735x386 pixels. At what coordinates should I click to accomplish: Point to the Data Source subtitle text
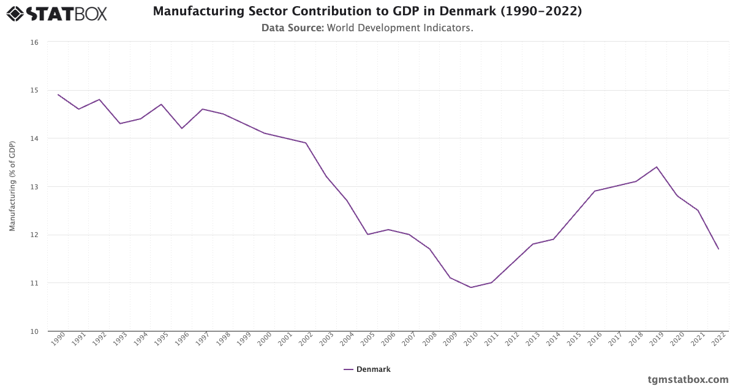(367, 28)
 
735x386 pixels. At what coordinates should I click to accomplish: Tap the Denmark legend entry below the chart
(373, 369)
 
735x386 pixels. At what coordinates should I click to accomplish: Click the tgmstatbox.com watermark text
(688, 379)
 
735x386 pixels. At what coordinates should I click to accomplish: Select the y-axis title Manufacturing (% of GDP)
(12, 186)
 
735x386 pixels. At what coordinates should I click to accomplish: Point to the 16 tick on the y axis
(34, 42)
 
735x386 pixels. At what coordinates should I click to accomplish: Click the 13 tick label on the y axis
(34, 187)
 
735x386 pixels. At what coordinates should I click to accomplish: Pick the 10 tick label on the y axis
(34, 331)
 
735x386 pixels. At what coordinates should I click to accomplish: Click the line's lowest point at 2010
(471, 287)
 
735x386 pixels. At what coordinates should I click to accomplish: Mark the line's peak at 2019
(657, 167)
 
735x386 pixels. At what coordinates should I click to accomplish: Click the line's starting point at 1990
(58, 94)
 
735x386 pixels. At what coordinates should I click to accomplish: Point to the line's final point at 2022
(718, 249)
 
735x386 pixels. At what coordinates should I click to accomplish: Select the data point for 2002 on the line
(306, 143)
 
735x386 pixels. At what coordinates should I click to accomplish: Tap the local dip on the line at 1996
(182, 128)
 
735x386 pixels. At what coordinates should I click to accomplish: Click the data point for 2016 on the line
(595, 191)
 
